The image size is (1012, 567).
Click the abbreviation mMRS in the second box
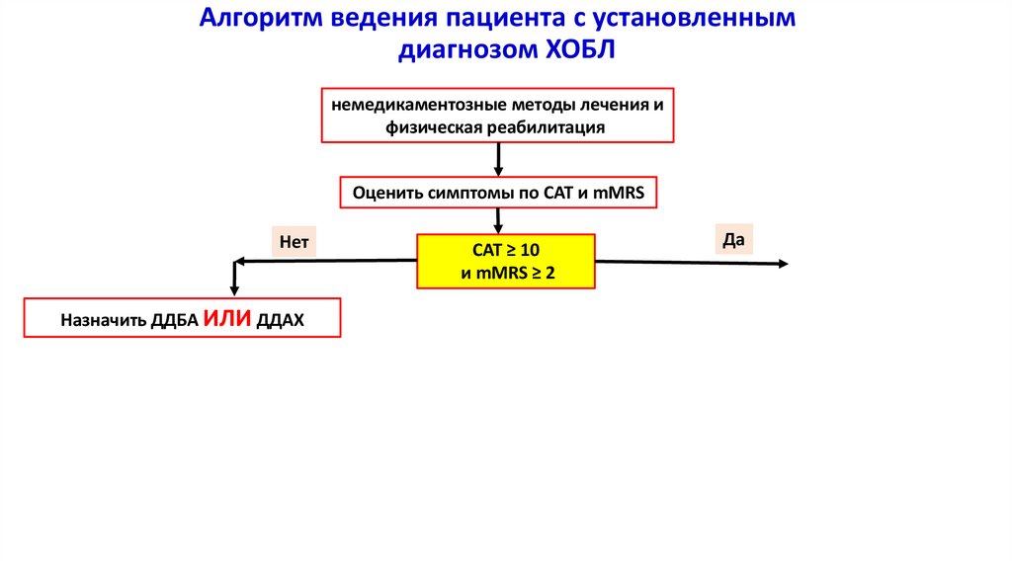coord(620,194)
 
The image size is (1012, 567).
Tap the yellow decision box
coord(506,261)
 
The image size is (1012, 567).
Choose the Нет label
coord(295,240)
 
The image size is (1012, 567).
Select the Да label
coord(732,238)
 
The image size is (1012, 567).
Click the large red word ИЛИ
coord(227,319)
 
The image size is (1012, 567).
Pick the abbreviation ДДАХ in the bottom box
coord(282,321)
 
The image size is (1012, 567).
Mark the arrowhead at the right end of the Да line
coord(783,263)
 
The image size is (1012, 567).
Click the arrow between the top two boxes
coord(498,159)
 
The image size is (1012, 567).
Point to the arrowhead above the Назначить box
coord(234,289)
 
